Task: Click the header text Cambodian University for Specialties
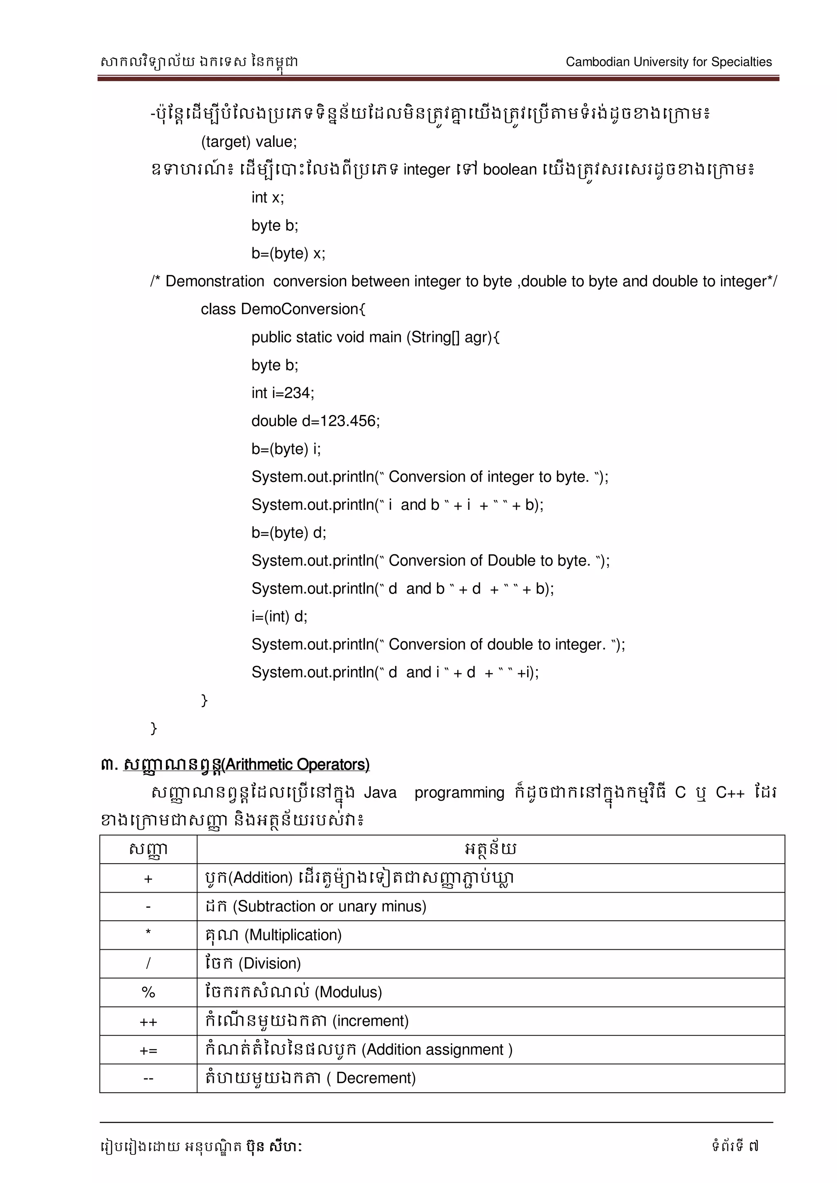tap(669, 62)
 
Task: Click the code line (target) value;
tap(249, 142)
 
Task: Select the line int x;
tap(268, 197)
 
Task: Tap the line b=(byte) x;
tap(288, 254)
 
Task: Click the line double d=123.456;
tap(316, 421)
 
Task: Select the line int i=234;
tap(282, 393)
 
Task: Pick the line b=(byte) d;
tap(289, 532)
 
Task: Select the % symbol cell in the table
tap(148, 992)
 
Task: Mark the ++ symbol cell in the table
tap(148, 1021)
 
